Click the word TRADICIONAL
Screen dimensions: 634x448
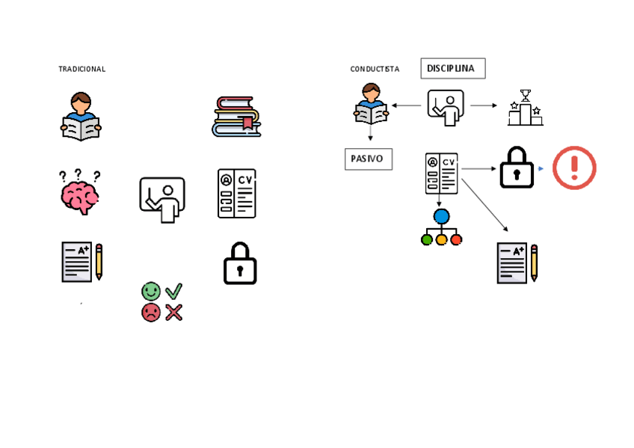[81, 69]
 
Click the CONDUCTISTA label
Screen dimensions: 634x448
[375, 69]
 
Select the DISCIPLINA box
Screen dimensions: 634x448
[452, 69]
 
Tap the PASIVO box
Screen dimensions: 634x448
[368, 159]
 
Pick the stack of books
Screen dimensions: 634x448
[236, 117]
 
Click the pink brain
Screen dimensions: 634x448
[80, 197]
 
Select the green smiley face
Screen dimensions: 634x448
[150, 290]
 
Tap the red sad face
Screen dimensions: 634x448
[150, 312]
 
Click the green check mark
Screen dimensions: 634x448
[174, 290]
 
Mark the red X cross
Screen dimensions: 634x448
[174, 312]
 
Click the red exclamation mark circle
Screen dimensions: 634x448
[574, 168]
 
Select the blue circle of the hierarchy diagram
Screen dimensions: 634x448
[441, 217]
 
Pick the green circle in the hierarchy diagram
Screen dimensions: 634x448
[427, 240]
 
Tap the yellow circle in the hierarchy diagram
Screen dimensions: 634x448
[441, 240]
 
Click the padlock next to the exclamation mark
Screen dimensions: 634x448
[517, 167]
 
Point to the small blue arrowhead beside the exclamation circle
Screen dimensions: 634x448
[541, 168]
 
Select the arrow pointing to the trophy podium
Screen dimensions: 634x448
[484, 105]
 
